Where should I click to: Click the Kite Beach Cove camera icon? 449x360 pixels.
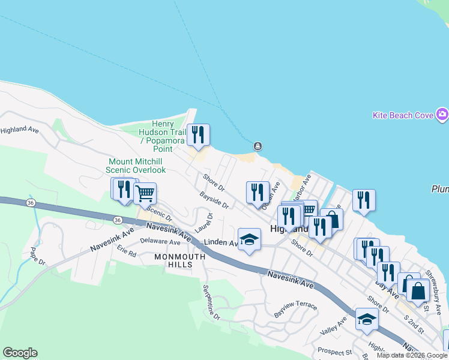pos(442,114)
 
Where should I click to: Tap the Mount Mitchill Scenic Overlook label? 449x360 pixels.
pos(137,166)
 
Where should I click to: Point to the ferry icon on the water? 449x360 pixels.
pos(257,146)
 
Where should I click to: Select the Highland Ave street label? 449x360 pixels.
pos(19,130)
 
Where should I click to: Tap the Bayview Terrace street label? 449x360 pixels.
pos(295,310)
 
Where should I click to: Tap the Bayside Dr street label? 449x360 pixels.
pos(214,200)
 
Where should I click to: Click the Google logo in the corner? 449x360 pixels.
pos(20,353)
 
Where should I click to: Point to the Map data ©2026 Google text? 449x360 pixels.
pos(412,355)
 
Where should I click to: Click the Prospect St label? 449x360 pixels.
pos(335,351)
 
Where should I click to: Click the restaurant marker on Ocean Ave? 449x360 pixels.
pos(258,193)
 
